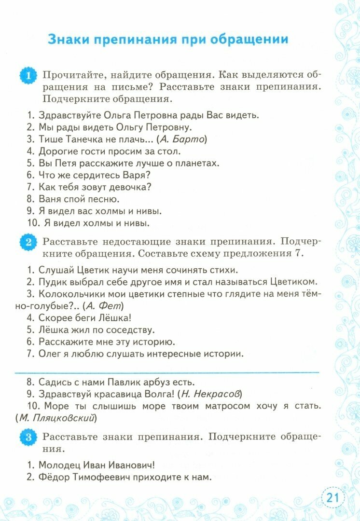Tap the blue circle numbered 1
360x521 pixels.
pos(28,76)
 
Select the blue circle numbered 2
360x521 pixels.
pos(28,242)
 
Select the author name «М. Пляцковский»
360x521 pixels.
pos(56,418)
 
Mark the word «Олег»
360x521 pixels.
pos(51,354)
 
